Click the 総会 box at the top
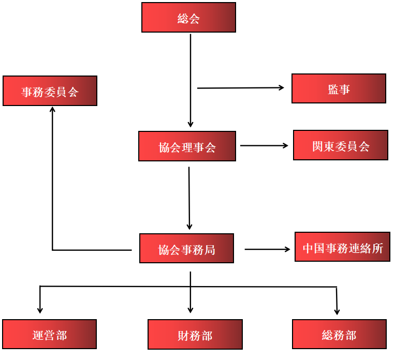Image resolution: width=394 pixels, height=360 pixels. click(188, 18)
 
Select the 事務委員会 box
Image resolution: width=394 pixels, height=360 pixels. click(50, 91)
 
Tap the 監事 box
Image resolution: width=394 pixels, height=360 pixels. click(339, 88)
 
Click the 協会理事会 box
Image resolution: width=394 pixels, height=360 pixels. click(187, 146)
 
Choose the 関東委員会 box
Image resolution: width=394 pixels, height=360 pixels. click(340, 145)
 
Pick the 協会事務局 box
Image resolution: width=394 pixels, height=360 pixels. click(186, 249)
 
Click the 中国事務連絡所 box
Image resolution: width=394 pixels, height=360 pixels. click(342, 247)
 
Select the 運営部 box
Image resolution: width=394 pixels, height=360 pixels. click(49, 334)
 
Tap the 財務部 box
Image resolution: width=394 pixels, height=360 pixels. click(195, 335)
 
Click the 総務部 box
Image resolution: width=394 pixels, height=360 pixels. click(339, 334)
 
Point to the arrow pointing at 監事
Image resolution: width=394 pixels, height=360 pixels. click(241, 88)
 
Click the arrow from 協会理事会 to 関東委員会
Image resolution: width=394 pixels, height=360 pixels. click(264, 145)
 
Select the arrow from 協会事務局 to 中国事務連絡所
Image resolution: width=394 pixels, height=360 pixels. click(267, 249)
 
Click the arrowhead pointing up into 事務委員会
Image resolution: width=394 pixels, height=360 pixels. click(52, 110)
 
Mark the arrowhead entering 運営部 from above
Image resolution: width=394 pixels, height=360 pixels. click(40, 310)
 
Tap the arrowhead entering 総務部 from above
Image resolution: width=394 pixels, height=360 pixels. click(337, 311)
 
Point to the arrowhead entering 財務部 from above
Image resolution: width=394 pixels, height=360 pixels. click(190, 310)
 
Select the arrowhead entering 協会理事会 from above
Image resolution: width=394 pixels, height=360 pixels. click(191, 124)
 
